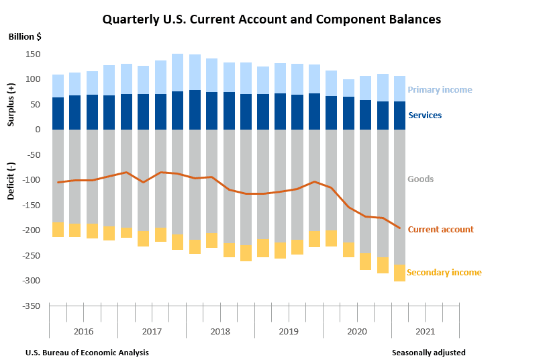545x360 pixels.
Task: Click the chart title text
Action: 272,19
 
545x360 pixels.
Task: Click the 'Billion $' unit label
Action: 25,36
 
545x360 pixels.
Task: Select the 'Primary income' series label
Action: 440,90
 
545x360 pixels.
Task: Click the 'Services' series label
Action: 425,116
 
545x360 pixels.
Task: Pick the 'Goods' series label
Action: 421,179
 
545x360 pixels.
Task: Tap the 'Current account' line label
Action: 440,230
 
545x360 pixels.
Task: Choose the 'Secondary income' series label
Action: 444,273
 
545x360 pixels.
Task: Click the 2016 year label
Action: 83,332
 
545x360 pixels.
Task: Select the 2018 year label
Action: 220,332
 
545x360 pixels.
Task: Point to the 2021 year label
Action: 426,332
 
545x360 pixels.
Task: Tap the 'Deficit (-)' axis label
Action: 11,180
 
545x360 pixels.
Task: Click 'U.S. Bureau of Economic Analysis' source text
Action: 87,353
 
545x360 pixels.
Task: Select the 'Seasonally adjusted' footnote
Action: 428,353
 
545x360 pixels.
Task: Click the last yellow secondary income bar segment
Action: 399,273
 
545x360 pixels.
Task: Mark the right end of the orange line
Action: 400,228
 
